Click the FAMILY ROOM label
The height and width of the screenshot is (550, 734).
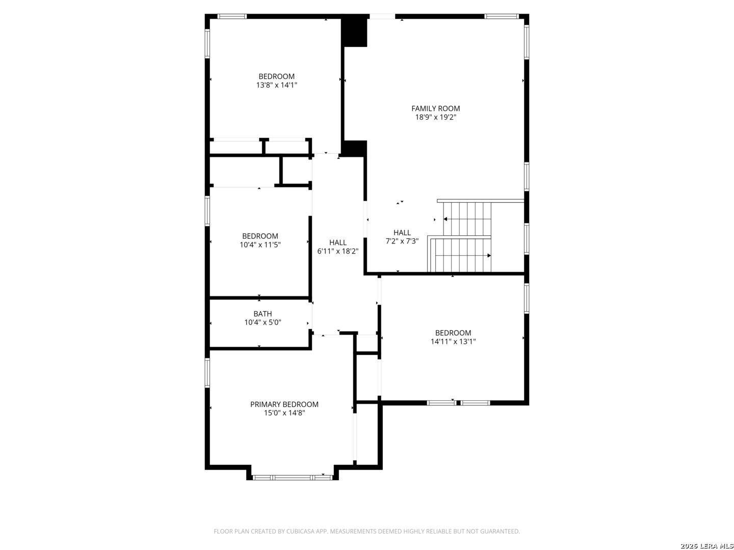[x=435, y=108]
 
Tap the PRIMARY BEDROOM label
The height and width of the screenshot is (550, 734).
[x=284, y=404]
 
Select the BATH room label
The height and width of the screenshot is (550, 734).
[x=263, y=314]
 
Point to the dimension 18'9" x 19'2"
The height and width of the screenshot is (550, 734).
[x=435, y=117]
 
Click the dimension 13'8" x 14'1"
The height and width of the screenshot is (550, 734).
[x=277, y=85]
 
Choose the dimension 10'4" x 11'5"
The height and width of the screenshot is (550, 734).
[x=260, y=245]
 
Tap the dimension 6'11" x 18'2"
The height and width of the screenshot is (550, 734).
[x=338, y=251]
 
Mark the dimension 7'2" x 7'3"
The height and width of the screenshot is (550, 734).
[x=402, y=241]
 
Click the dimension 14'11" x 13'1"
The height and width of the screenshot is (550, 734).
[x=453, y=341]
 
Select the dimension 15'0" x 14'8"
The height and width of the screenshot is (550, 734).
[x=284, y=413]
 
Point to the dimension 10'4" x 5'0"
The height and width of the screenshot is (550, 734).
[x=263, y=322]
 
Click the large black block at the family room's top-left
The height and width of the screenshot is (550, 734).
[x=354, y=32]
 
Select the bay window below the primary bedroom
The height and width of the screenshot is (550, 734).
[x=293, y=478]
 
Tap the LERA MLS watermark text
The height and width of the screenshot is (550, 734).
[x=706, y=546]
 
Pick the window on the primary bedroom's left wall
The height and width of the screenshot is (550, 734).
[x=207, y=373]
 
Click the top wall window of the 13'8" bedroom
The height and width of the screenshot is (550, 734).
[x=232, y=16]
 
